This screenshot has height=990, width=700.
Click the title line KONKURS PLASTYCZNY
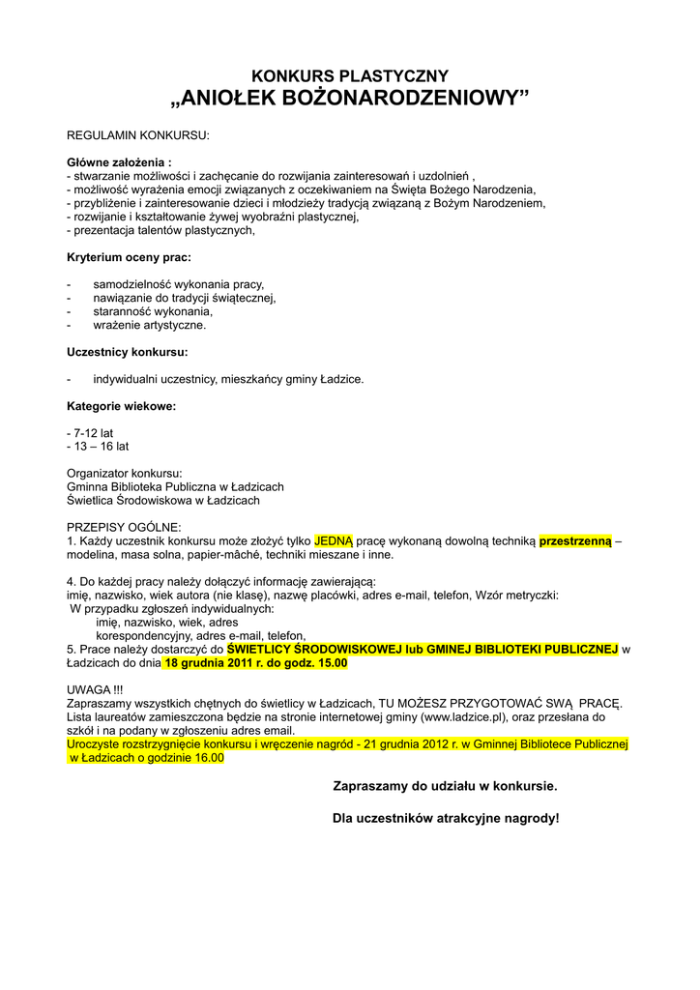pos(350,75)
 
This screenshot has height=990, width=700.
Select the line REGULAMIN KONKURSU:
pos(137,134)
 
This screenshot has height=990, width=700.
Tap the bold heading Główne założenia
pos(118,162)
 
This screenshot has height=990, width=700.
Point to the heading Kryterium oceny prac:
pos(129,257)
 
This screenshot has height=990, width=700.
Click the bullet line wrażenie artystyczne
pos(150,325)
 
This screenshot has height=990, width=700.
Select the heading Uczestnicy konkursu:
pos(127,352)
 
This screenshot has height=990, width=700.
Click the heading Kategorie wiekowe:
pos(121,406)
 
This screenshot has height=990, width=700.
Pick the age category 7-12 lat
pos(90,433)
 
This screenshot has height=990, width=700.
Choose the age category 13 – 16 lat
pos(98,447)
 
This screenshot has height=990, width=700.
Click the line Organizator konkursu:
pos(124,474)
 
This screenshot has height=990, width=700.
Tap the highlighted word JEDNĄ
pos(335,541)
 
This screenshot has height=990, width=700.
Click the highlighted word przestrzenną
pos(575,541)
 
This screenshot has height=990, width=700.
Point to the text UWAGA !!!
pos(96,690)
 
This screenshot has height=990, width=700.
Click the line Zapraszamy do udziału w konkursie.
pos(445,787)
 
